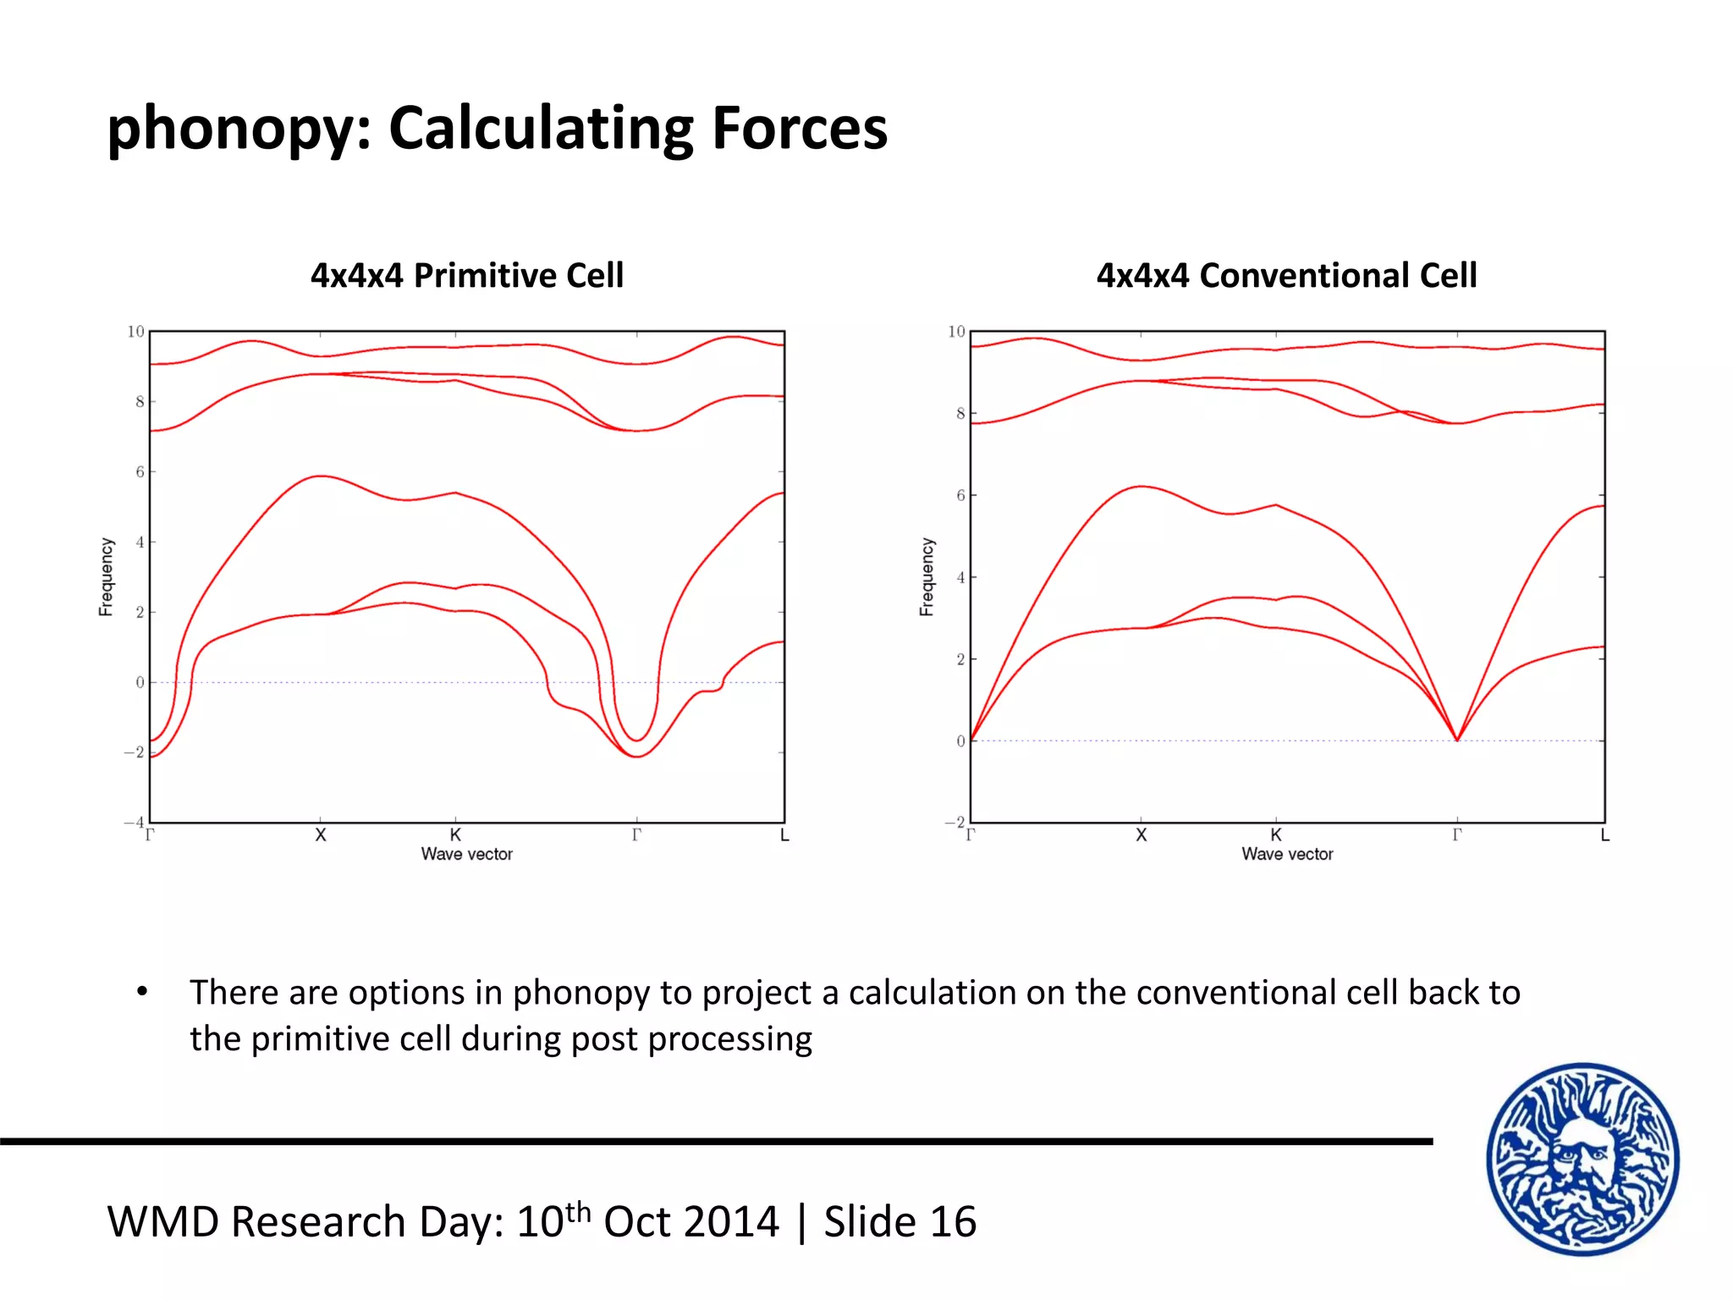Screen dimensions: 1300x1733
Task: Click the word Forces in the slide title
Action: pyautogui.click(x=800, y=129)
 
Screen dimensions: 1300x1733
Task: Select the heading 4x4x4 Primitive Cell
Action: pyautogui.click(x=467, y=276)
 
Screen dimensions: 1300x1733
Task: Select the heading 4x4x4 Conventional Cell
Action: pyautogui.click(x=1286, y=276)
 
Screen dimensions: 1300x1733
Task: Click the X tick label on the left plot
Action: pyautogui.click(x=321, y=835)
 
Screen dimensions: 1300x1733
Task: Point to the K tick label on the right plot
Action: pyautogui.click(x=1276, y=835)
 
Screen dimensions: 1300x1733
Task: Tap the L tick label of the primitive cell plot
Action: pyautogui.click(x=784, y=835)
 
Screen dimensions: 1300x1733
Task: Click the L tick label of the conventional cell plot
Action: pyautogui.click(x=1604, y=835)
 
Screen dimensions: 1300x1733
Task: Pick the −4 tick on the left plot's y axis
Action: pyautogui.click(x=134, y=823)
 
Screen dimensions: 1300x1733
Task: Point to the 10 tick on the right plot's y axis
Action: pyautogui.click(x=955, y=332)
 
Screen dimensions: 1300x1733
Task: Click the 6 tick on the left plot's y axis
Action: pyautogui.click(x=140, y=472)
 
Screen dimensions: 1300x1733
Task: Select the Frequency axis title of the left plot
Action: pyautogui.click(x=107, y=576)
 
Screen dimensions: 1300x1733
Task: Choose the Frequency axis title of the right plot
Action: pyautogui.click(x=927, y=576)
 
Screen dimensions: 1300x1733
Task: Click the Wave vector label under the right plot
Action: pyautogui.click(x=1287, y=855)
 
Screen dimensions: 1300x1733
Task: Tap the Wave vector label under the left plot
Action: pyautogui.click(x=467, y=855)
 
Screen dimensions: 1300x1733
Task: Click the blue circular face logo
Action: pyautogui.click(x=1583, y=1159)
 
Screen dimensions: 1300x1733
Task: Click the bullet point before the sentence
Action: pyautogui.click(x=142, y=992)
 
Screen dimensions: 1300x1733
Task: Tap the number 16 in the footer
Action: pyautogui.click(x=953, y=1222)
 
